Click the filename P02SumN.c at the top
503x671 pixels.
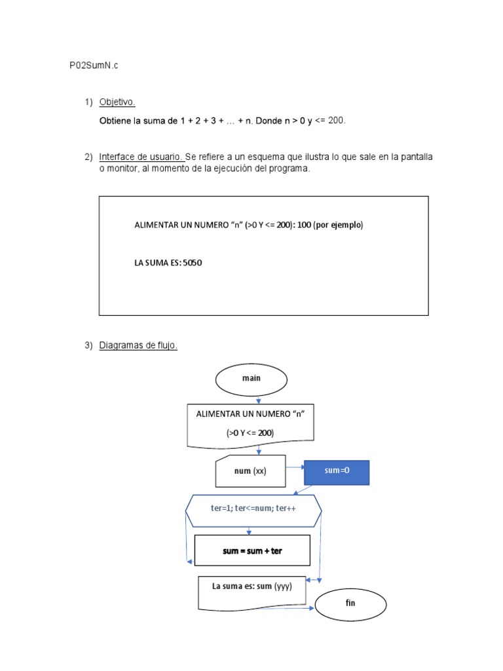tap(94, 66)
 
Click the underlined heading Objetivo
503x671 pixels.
tap(117, 102)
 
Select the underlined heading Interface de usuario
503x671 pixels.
tap(141, 157)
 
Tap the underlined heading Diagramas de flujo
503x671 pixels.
tap(138, 345)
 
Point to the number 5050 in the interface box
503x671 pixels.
tap(193, 263)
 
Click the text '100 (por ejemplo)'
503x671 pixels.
tap(329, 225)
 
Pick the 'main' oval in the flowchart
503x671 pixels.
tap(251, 378)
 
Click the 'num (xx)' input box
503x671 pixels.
tap(250, 471)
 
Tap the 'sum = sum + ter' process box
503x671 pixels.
tap(252, 551)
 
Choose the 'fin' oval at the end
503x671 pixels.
tap(350, 603)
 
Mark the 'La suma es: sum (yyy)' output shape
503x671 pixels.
tap(252, 588)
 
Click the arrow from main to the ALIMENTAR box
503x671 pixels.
tap(259, 400)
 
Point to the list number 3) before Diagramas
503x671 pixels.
tap(88, 345)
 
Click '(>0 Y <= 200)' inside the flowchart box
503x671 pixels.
tap(250, 432)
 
